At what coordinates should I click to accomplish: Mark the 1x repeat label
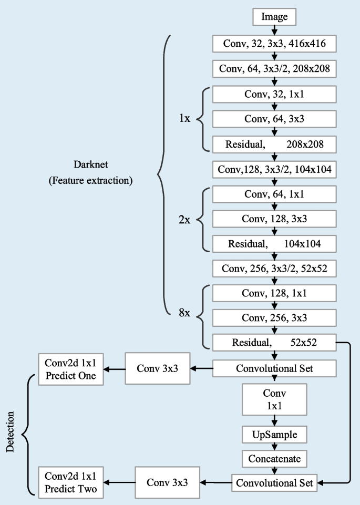(185, 119)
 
